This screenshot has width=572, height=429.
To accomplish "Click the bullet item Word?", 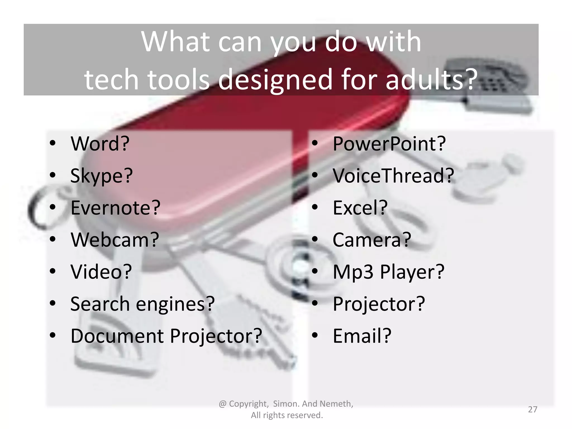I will point(100,144).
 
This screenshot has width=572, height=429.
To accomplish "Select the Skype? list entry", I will point(101,176).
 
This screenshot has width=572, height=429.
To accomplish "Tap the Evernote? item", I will point(115,208).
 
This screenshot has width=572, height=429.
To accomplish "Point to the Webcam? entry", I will point(115,240).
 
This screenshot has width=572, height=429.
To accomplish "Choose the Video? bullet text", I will point(101,271).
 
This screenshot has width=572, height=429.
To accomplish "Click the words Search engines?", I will point(142,304).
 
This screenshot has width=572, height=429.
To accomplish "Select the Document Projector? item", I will point(166,336).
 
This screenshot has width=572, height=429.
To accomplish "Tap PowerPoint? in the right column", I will point(389,144).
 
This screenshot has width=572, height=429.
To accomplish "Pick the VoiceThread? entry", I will point(393,176).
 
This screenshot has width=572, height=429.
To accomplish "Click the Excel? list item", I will point(360,208).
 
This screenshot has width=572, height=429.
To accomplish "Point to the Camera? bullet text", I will point(372,240).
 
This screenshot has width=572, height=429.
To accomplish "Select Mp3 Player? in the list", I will point(388,271).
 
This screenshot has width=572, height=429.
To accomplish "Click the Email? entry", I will point(362,336).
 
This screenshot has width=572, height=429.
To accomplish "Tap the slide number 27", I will point(533,409).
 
